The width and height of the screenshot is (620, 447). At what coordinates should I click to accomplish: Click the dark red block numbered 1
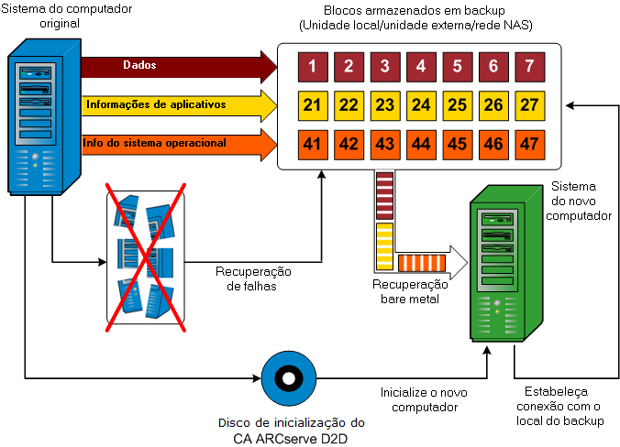312,66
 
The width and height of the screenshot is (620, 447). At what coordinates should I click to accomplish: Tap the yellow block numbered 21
312,105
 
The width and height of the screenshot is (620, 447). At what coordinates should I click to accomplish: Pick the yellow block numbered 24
421,105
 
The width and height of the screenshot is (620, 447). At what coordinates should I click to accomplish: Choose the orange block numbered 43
384,144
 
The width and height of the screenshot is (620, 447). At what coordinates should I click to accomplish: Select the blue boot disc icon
288,377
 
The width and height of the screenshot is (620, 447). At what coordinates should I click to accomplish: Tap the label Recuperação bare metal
412,291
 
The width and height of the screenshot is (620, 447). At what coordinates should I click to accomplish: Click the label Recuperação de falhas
252,278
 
